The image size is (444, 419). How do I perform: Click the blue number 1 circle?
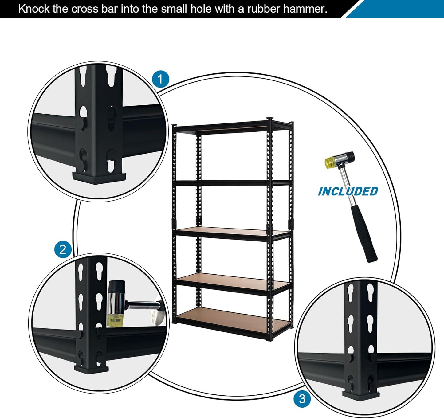coord(161,79)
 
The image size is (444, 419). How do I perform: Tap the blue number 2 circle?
coord(63,249)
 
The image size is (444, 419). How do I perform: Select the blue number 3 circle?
coord(302,399)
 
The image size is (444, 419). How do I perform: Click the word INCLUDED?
coord(348,191)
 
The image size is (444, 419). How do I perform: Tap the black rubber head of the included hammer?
coord(348,157)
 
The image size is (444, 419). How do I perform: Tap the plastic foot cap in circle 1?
coord(99,178)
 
